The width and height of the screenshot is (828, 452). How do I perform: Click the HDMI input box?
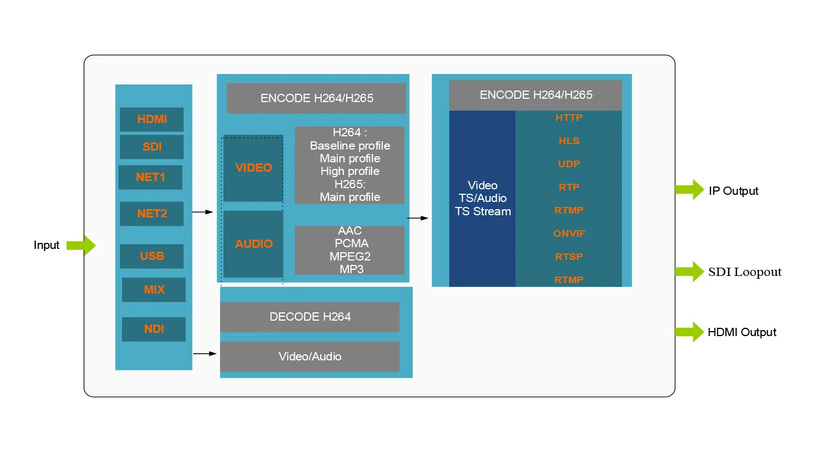[152, 119]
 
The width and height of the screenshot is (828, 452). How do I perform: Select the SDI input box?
[152, 147]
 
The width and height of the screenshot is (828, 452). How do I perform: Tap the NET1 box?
[150, 177]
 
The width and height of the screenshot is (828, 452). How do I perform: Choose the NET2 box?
[152, 214]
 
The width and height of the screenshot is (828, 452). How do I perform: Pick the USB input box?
[152, 256]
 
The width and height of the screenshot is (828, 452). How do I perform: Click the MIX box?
[154, 290]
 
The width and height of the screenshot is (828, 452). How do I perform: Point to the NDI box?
[154, 329]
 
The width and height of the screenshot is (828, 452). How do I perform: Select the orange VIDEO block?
[253, 168]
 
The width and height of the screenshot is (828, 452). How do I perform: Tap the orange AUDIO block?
[253, 244]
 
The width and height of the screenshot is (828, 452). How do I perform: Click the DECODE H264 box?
[310, 317]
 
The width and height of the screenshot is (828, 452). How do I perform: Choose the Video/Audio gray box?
[310, 357]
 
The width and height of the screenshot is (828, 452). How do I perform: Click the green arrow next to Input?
[82, 245]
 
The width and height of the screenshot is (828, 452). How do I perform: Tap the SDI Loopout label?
[745, 272]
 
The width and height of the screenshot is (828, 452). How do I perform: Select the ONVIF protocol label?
[569, 233]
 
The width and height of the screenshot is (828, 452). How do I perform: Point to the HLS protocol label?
[569, 141]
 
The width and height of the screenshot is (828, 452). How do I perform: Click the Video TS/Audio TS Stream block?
[482, 199]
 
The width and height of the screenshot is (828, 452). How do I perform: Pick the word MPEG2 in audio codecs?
[350, 257]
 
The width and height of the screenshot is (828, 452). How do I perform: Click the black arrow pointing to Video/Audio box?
[205, 353]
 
